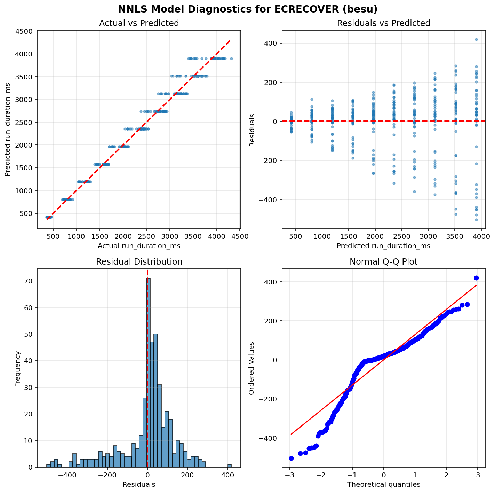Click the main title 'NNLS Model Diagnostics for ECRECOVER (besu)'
click(x=247, y=9)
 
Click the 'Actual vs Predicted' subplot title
click(x=139, y=23)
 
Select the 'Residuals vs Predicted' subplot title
click(x=384, y=23)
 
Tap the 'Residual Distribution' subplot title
click(x=139, y=262)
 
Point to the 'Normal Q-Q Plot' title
click(x=384, y=262)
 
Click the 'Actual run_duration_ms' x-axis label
click(x=139, y=246)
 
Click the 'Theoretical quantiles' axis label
click(x=384, y=484)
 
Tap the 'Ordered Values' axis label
click(x=251, y=368)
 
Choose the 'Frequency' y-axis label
click(x=18, y=368)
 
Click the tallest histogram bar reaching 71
click(x=149, y=373)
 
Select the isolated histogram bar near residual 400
click(x=230, y=465)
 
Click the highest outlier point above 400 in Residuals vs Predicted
click(x=476, y=39)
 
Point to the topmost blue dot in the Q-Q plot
click(x=476, y=278)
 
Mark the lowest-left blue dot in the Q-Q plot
click(x=291, y=458)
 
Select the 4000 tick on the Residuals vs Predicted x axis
click(x=481, y=237)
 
